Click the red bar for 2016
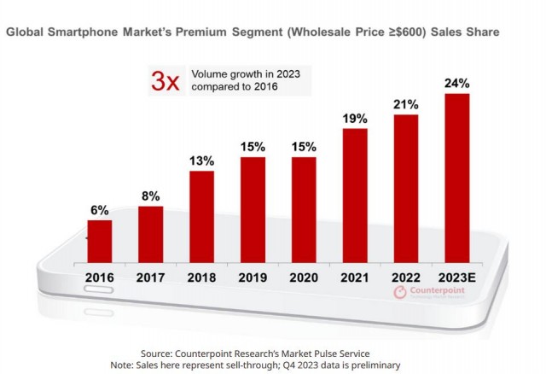[x=99, y=243]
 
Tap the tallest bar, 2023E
[x=457, y=179]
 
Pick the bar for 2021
[x=355, y=197]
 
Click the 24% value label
[x=457, y=83]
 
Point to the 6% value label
[x=99, y=209]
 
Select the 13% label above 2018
[x=201, y=161]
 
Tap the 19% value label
[x=355, y=118]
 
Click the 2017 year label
[x=150, y=278]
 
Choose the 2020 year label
[x=304, y=278]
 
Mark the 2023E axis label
[x=457, y=278]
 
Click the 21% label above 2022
[x=406, y=103]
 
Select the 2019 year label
[x=253, y=278]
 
